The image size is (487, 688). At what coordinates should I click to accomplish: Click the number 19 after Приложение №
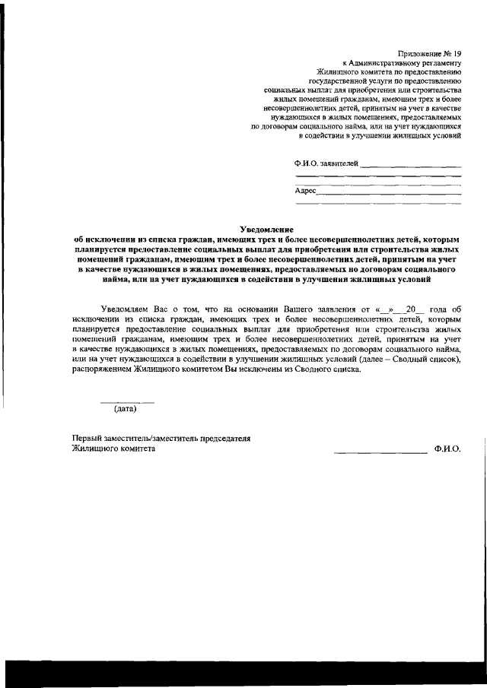[456, 52]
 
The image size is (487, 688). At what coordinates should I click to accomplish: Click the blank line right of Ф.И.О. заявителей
[410, 165]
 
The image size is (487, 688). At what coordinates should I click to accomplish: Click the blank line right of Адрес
[388, 193]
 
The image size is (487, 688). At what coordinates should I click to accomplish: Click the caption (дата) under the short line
[126, 409]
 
